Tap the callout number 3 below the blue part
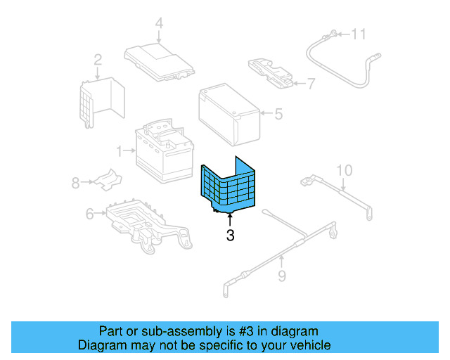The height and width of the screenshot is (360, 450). coord(230,236)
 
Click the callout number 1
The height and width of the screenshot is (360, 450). coord(120,150)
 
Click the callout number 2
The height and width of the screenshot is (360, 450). coord(97,60)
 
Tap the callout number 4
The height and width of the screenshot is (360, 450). coord(159,24)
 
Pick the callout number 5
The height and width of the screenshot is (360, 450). coord(278,112)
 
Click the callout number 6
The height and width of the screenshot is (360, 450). coord(89,214)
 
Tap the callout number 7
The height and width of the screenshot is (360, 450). coord(311,84)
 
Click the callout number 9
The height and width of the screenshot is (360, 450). coord(281,276)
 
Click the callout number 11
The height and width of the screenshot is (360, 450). coord(359,34)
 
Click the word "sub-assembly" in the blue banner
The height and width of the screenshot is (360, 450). coord(188,331)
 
